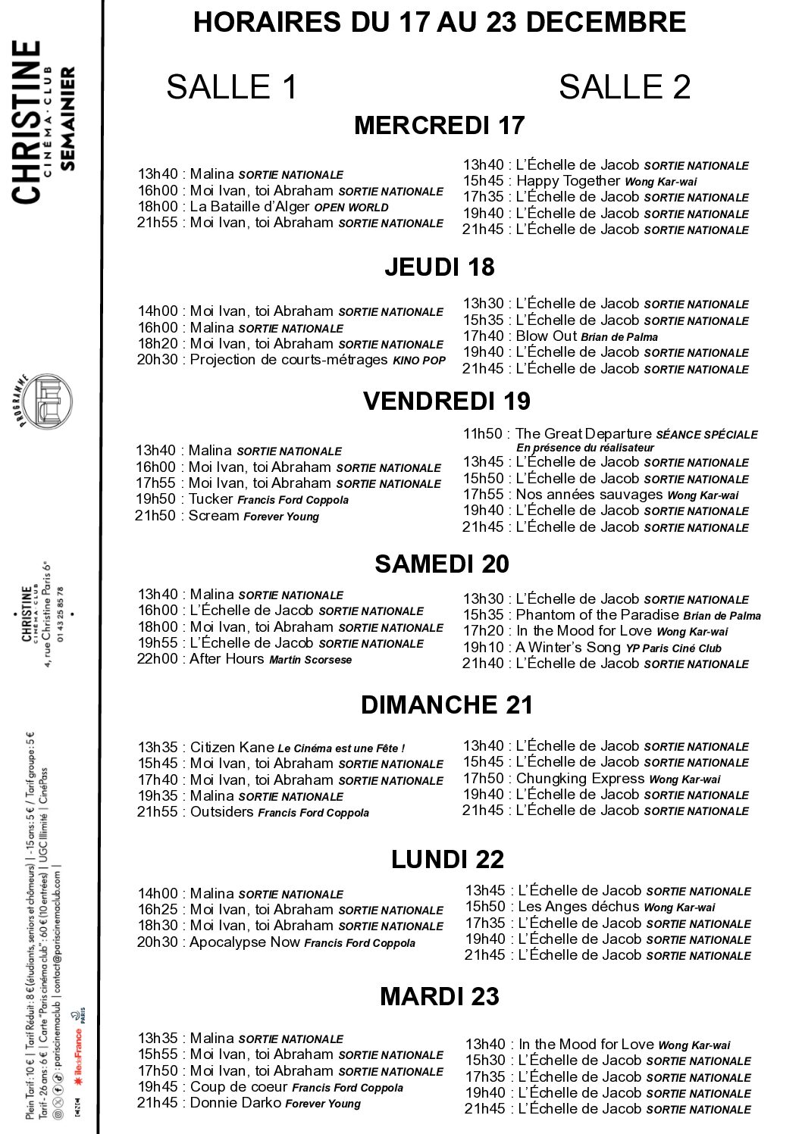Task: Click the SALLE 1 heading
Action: click(x=231, y=87)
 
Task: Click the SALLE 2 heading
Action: click(x=625, y=87)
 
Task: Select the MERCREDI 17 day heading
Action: click(x=439, y=125)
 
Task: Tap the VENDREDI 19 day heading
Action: click(x=446, y=401)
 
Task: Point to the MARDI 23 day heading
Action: click(x=439, y=996)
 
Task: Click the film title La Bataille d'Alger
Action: click(x=249, y=206)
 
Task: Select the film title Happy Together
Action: click(x=568, y=180)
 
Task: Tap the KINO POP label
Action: click(x=418, y=361)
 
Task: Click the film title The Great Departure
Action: click(x=583, y=433)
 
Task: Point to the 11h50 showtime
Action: click(x=483, y=433)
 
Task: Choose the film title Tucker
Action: click(x=211, y=498)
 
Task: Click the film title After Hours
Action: click(x=227, y=658)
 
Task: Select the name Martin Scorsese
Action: click(x=311, y=660)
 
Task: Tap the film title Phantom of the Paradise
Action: click(x=597, y=614)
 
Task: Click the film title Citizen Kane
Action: click(x=232, y=747)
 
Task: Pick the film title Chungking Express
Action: click(x=580, y=778)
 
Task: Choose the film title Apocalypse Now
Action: click(x=244, y=942)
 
